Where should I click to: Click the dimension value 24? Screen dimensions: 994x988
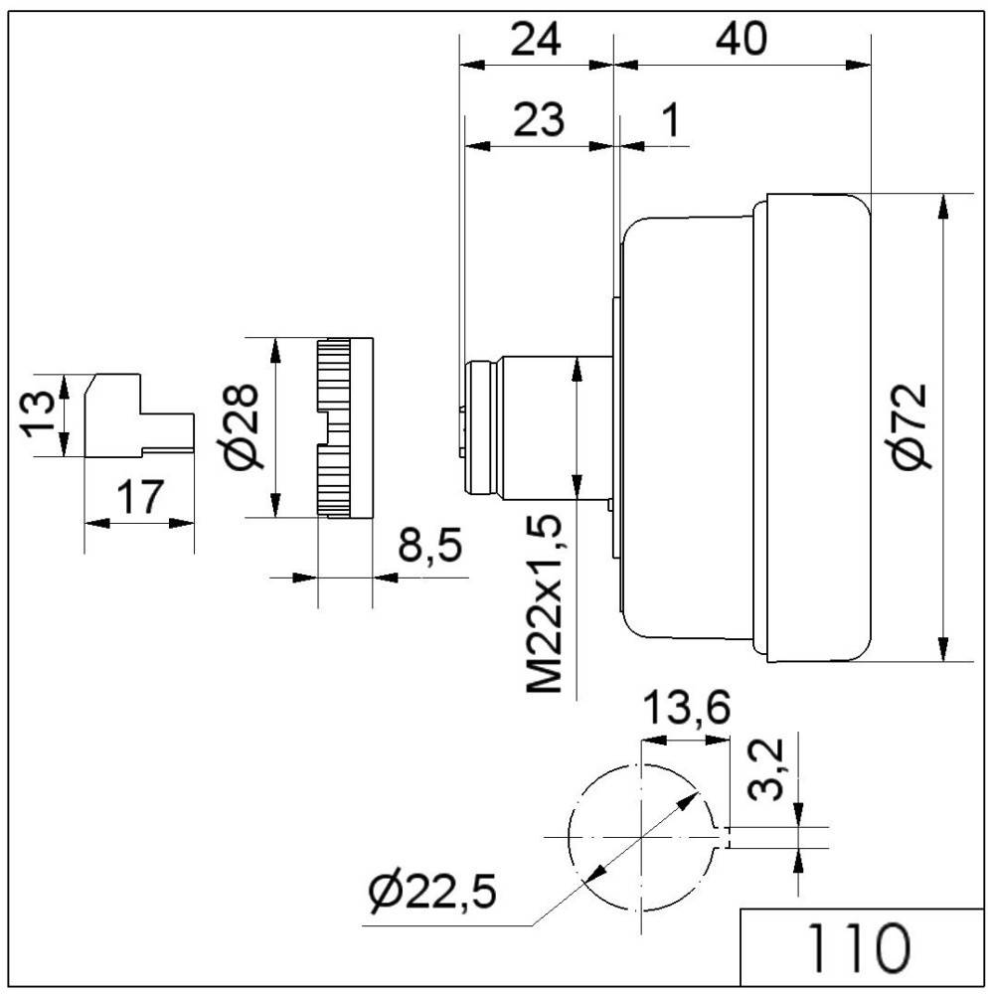tap(536, 40)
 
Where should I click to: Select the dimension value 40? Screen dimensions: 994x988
tap(741, 40)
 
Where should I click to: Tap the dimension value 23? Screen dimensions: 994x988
tap(539, 120)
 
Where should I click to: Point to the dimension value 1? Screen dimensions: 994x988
tap(670, 120)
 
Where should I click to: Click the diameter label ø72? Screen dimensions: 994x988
tap(908, 424)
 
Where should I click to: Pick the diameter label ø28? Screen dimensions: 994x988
tap(240, 424)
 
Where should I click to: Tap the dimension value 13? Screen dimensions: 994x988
tap(38, 414)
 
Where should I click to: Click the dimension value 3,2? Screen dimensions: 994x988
tap(776, 771)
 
